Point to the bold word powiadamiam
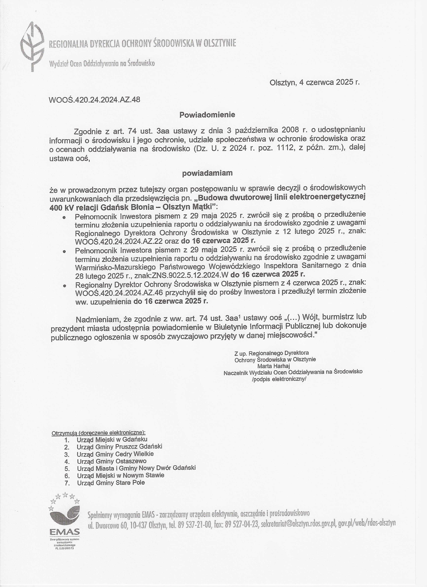tap(207, 173)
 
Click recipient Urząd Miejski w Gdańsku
tap(112, 439)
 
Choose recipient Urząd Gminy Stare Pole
tap(111, 482)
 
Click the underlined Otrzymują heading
tap(98, 433)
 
